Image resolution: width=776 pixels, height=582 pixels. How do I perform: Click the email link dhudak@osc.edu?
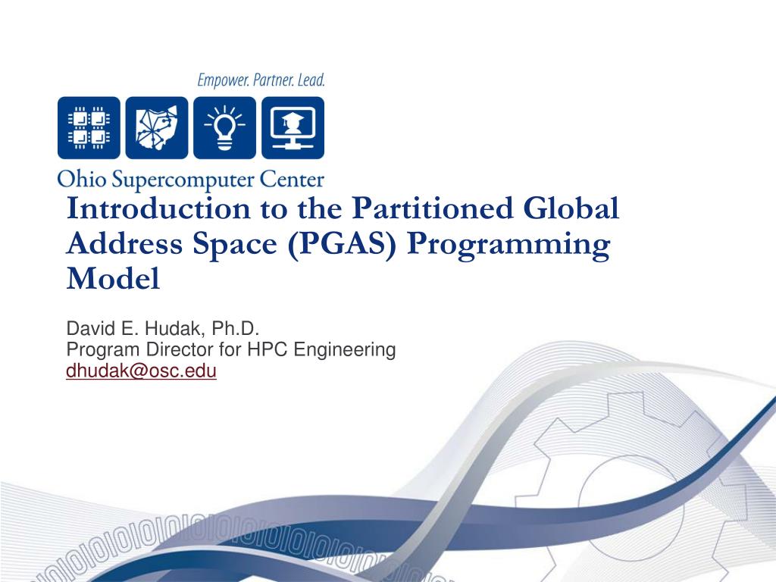coord(142,371)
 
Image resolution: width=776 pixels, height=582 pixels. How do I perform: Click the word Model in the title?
coord(113,280)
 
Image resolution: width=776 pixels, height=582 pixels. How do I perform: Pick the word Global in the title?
coord(573,208)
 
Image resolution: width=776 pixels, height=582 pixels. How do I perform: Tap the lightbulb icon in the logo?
coord(224,127)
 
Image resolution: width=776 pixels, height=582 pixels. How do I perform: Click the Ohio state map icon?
coord(157,127)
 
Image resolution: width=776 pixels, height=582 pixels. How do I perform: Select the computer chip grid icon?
coord(89,127)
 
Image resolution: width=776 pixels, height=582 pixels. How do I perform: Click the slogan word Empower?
coord(223,80)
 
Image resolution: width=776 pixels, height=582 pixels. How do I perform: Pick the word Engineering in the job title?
coord(345,350)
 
